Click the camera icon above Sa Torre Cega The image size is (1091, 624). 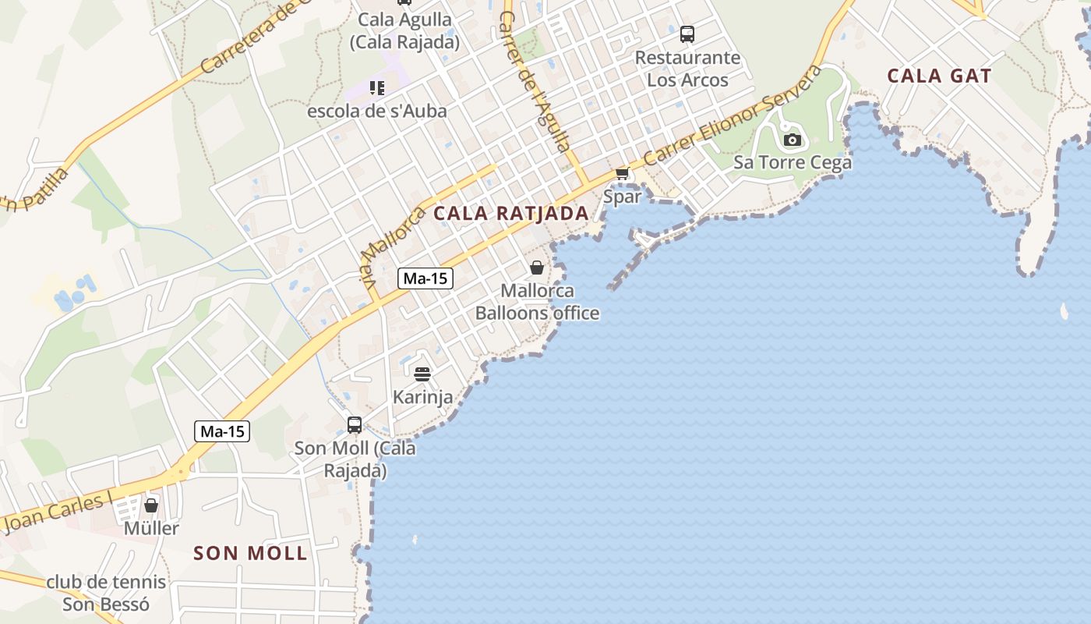[x=792, y=140]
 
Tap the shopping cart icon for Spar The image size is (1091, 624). [x=622, y=173]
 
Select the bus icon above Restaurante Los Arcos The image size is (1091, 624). [x=687, y=34]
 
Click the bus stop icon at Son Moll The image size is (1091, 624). [x=355, y=425]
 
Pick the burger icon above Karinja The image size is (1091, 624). [x=422, y=374]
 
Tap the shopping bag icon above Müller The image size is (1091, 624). [x=151, y=505]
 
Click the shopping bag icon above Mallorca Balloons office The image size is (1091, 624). [x=537, y=268]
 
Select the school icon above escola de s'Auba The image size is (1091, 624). [x=377, y=88]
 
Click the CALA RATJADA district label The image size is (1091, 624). [x=511, y=213]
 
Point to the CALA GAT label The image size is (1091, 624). [x=939, y=76]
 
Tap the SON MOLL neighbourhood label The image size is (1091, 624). [x=250, y=554]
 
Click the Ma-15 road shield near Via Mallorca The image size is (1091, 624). [x=425, y=278]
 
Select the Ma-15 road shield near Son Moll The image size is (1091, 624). [x=222, y=431]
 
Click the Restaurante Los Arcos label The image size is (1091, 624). [x=687, y=69]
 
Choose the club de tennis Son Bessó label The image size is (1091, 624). [x=106, y=593]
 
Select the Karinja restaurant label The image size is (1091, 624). [x=422, y=397]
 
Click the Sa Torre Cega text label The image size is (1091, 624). [x=792, y=163]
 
